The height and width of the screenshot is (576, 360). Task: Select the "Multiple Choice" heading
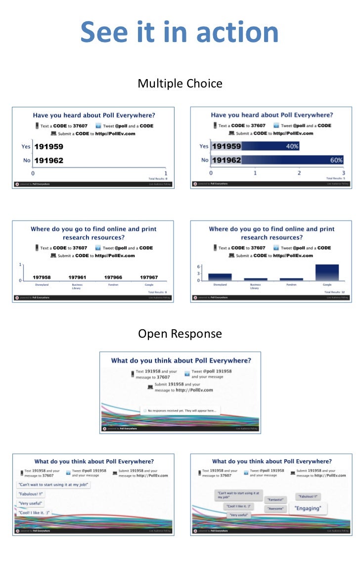[x=180, y=84]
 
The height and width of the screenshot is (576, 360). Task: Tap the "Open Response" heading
[x=180, y=334]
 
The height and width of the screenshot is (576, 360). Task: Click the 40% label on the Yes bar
[x=291, y=146]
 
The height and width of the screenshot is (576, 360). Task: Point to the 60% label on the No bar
[x=336, y=160]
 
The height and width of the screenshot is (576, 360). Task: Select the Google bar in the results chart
[x=327, y=272]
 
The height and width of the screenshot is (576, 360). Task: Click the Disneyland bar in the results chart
[x=220, y=277]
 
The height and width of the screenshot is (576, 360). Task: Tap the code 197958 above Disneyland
[x=42, y=277]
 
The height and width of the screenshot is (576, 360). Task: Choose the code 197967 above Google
[x=149, y=277]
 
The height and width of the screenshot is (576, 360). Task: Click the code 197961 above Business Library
[x=77, y=277]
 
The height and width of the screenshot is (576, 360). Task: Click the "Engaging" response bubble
[x=308, y=508]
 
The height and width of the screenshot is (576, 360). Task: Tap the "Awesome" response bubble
[x=275, y=508]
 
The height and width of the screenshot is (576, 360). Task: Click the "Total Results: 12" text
[x=334, y=292]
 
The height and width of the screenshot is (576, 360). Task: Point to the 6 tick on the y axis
[x=198, y=266]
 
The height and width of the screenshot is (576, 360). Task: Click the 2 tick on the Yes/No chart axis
[x=299, y=173]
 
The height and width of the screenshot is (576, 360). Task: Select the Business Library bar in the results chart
[x=255, y=279]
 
